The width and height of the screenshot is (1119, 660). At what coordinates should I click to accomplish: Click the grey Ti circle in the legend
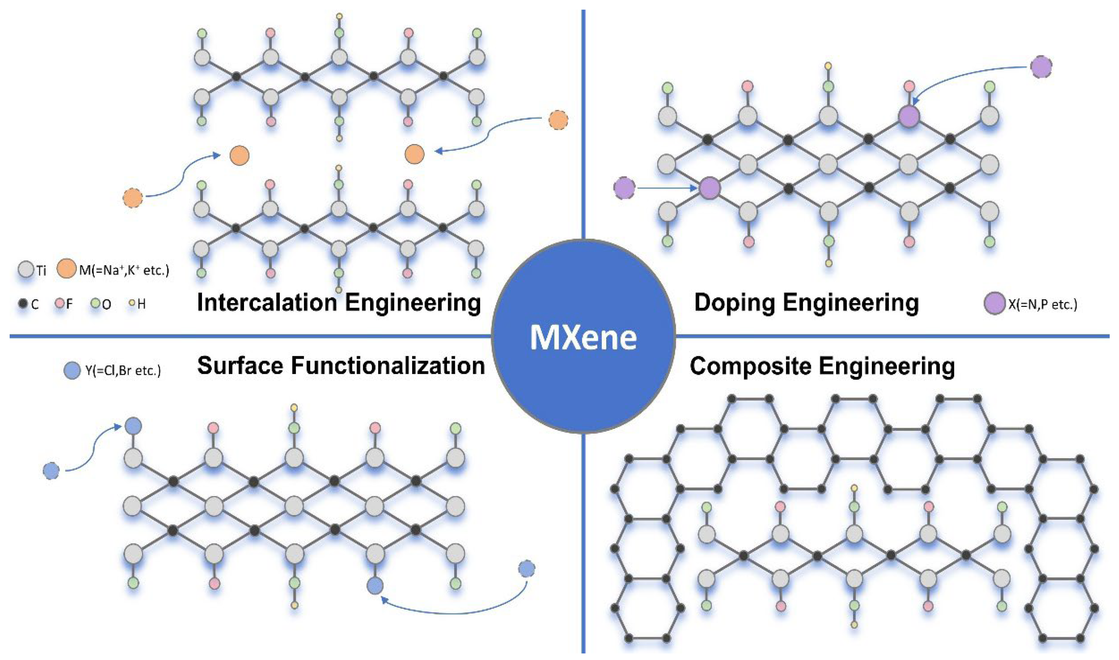(26, 269)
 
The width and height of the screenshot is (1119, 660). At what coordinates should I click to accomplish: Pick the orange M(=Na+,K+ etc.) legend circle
(66, 269)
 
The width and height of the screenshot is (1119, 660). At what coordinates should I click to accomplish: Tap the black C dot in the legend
(23, 304)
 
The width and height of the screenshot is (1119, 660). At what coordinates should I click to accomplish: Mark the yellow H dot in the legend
(132, 304)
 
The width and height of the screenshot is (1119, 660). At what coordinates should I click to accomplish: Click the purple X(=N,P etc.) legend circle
(994, 304)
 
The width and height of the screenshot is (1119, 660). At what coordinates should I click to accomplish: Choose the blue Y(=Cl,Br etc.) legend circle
(72, 370)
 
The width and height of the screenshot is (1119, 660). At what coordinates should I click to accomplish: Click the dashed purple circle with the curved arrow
(1041, 67)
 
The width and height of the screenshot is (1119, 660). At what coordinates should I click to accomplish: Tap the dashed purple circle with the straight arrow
(624, 188)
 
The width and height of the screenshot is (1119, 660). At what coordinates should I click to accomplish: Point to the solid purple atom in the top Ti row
(909, 116)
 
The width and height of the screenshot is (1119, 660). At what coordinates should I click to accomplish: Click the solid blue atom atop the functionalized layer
(133, 426)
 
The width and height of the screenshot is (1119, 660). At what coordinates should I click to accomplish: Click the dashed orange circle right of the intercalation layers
(558, 120)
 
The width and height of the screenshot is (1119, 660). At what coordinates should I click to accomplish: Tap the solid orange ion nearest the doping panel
(414, 154)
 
